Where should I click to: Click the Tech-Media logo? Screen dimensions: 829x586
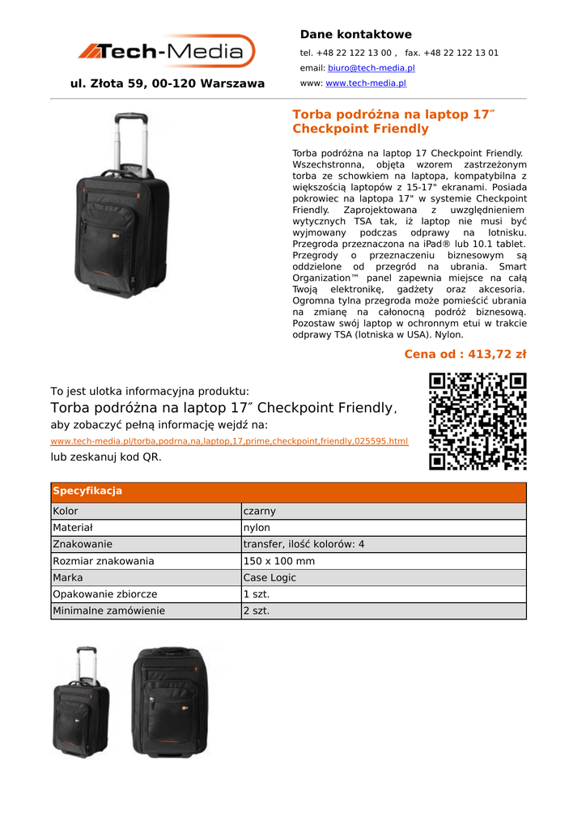166,51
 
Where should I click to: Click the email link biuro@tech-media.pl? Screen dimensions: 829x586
371,68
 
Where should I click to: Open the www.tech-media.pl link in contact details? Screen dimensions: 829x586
366,83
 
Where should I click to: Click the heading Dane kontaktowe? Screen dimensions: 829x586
355,34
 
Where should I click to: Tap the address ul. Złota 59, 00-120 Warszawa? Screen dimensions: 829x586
168,83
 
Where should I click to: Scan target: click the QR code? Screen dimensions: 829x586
478,421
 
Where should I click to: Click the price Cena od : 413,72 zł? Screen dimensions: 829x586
465,354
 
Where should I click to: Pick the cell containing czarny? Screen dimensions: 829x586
260,511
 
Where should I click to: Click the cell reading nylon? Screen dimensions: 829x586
257,528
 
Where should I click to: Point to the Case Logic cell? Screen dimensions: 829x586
270,578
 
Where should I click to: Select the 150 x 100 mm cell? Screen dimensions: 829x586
278,561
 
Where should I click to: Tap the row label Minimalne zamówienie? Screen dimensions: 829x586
108,611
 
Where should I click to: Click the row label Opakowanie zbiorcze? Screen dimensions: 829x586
104,594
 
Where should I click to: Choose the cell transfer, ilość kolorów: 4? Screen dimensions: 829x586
304,544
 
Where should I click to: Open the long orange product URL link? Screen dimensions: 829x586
229,441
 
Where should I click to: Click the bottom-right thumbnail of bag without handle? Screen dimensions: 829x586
170,702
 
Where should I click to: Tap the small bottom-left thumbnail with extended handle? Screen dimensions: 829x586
81,702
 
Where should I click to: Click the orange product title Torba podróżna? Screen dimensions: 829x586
393,121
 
